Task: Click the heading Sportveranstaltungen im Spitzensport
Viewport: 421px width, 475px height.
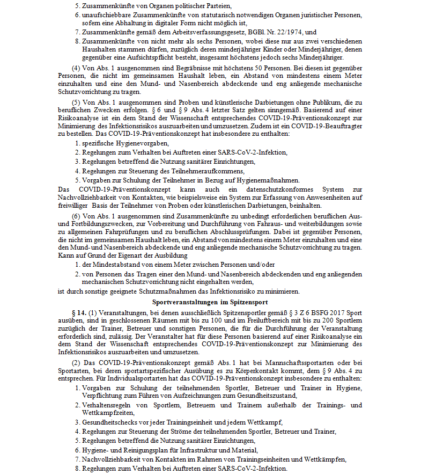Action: click(x=211, y=302)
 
